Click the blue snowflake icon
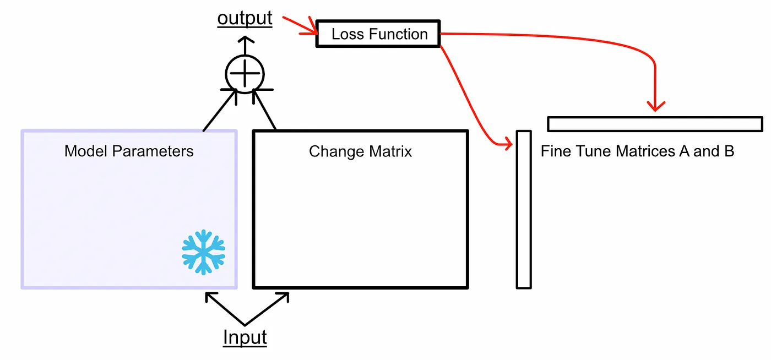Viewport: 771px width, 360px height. point(203,252)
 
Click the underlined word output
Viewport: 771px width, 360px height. point(245,18)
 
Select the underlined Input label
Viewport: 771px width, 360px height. point(245,337)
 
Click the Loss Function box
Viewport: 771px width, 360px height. point(378,34)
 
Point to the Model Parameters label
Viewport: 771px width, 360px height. point(129,151)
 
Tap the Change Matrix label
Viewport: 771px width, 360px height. point(360,151)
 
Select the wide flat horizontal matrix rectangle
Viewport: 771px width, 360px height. point(655,124)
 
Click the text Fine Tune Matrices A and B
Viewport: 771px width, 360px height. point(637,151)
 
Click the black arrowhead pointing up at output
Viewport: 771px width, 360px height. point(246,40)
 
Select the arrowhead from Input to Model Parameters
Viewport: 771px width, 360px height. point(210,297)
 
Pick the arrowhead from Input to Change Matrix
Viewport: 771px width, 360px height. point(284,297)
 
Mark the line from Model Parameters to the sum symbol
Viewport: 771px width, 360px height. point(220,110)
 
